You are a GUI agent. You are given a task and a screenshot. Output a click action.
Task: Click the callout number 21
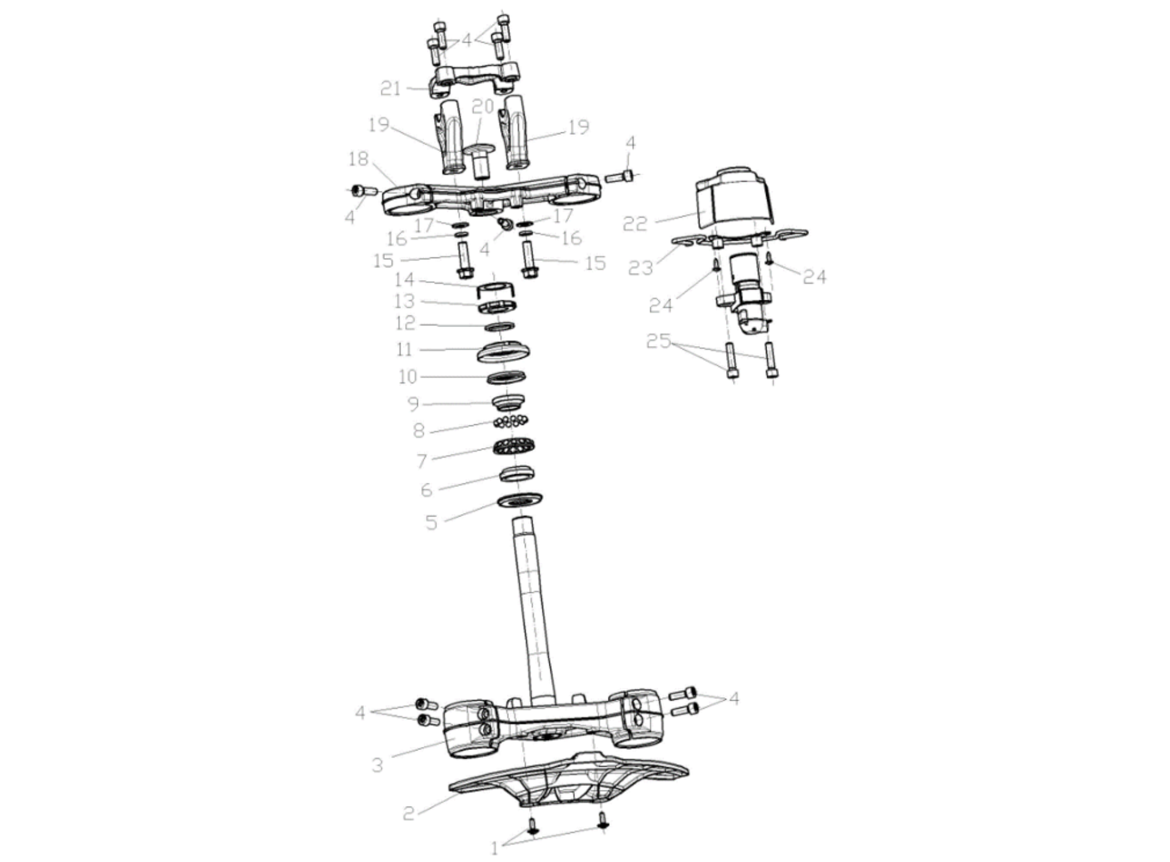tap(390, 89)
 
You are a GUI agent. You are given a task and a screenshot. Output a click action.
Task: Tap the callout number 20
tap(483, 107)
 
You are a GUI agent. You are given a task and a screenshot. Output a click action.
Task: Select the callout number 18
tap(358, 159)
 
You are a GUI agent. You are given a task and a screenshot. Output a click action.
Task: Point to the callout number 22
tap(635, 224)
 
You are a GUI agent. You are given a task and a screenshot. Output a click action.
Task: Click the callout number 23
tap(640, 268)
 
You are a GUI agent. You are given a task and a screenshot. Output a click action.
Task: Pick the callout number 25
tap(658, 340)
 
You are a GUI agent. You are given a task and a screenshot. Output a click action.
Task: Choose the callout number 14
tap(404, 280)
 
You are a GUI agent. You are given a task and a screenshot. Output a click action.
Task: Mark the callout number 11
tap(404, 350)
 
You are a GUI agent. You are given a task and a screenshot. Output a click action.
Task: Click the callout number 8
tap(419, 431)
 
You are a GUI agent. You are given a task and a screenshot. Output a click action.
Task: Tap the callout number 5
tap(432, 523)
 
